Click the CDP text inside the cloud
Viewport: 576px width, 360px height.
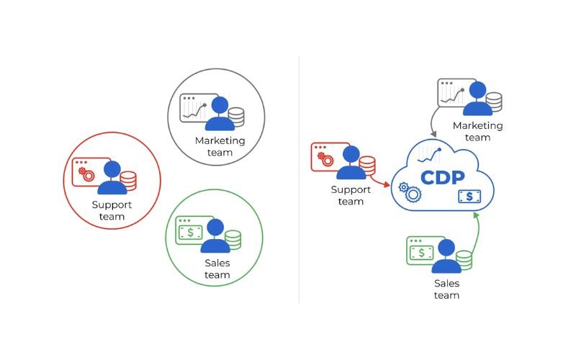tap(442, 177)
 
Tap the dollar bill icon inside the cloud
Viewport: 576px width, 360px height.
tap(469, 196)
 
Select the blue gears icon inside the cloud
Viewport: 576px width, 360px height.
tap(410, 192)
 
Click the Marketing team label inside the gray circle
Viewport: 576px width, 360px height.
tap(220, 146)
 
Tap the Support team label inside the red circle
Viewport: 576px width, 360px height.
tap(112, 210)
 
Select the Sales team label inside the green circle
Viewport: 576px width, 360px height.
tap(217, 269)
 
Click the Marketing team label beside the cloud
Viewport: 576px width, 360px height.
tap(477, 131)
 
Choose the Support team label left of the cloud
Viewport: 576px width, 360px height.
tap(351, 195)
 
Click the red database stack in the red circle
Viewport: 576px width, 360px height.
tap(128, 181)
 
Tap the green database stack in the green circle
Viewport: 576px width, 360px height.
tap(233, 240)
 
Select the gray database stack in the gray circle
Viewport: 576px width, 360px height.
tap(235, 117)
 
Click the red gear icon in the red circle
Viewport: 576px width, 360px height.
tap(86, 174)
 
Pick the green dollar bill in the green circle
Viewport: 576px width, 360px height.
tap(191, 233)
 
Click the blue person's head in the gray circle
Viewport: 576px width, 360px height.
tap(220, 105)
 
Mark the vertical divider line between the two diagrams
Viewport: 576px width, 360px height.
tap(300, 180)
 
